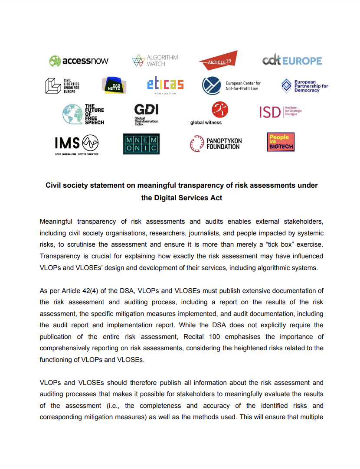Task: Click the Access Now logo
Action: (79, 61)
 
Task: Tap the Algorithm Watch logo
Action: (155, 61)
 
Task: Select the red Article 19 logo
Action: (218, 61)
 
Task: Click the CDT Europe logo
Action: (292, 61)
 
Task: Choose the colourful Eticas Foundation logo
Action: (165, 85)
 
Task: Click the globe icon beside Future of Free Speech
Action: (72, 114)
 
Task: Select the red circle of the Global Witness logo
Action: (220, 110)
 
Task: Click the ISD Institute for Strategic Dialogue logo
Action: (280, 112)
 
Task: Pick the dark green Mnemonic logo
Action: (141, 144)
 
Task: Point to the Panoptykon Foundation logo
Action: (216, 144)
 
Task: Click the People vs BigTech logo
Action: (281, 142)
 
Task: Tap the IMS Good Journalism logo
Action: (77, 144)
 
